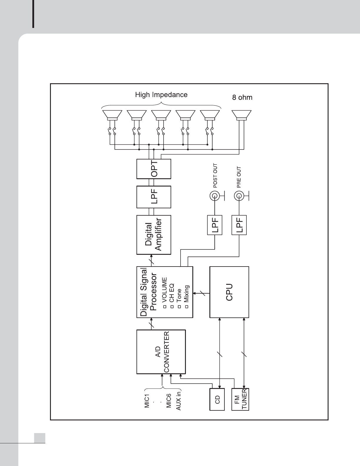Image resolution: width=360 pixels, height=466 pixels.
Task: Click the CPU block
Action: [229, 292]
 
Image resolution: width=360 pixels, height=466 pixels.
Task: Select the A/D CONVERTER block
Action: [161, 352]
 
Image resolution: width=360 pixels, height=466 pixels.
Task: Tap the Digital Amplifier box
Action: [154, 235]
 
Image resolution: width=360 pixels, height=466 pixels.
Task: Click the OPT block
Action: [154, 169]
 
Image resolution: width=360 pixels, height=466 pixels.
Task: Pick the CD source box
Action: [217, 399]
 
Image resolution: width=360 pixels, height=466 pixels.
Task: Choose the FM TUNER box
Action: [240, 399]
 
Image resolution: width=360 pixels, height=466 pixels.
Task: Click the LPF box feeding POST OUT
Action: [215, 225]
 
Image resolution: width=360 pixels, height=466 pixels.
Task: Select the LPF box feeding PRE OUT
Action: [239, 225]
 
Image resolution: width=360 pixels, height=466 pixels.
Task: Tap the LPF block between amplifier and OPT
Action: [154, 197]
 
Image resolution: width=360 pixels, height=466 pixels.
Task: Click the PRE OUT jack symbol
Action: [239, 196]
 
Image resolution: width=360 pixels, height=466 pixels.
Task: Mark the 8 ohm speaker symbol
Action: [241, 115]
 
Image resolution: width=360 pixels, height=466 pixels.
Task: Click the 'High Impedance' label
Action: [161, 95]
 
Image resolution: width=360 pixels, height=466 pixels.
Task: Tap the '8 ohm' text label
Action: [242, 97]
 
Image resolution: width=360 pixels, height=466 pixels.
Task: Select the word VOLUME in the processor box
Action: [164, 290]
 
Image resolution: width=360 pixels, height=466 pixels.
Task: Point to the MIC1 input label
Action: [147, 399]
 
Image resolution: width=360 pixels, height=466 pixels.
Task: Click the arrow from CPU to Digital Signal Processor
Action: [201, 293]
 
